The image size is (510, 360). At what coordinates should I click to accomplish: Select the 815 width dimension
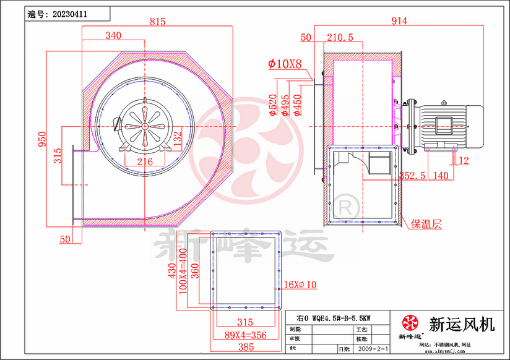coord(157,22)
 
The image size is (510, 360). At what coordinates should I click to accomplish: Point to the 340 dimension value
coord(113,36)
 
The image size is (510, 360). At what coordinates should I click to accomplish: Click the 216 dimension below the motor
coord(144,162)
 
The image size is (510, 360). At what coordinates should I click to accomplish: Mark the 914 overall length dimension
coord(399,21)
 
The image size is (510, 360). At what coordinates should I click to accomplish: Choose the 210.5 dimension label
coord(339,38)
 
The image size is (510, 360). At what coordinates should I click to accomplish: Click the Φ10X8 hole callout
coord(284,64)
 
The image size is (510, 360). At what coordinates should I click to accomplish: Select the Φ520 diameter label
coord(272,105)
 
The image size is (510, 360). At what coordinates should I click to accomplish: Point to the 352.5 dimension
coord(412,175)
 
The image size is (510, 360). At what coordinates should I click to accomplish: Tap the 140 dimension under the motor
coord(441,175)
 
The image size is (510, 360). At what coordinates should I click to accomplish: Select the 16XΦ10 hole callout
coord(300,285)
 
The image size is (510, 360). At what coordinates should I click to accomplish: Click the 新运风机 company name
coord(462,324)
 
